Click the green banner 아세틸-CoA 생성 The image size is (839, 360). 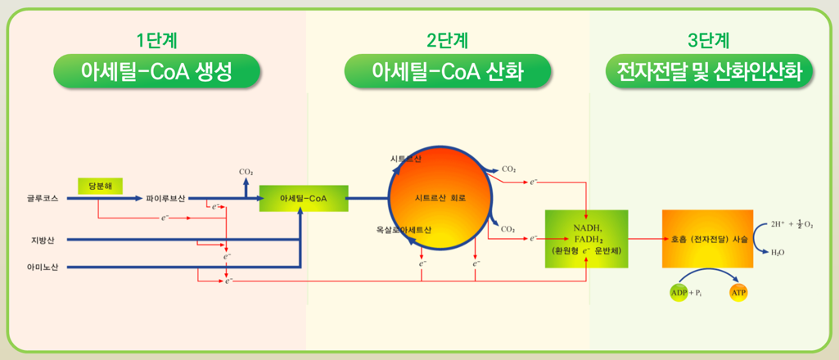[x=156, y=72]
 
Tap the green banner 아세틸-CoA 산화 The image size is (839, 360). [x=446, y=72]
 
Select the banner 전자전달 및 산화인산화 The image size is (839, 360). [x=709, y=72]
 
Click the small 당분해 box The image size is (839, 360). [x=100, y=186]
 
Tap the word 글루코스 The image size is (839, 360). [x=43, y=198]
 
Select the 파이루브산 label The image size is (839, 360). [x=165, y=198]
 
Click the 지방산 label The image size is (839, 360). [x=41, y=240]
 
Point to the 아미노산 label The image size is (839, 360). [x=43, y=268]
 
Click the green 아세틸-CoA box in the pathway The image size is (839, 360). [x=303, y=198]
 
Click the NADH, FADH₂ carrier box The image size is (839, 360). [x=586, y=239]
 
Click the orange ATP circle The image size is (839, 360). [x=738, y=292]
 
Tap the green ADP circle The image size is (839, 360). [x=679, y=292]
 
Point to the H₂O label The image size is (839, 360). [x=778, y=253]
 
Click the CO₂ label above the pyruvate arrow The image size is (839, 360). [x=246, y=172]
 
